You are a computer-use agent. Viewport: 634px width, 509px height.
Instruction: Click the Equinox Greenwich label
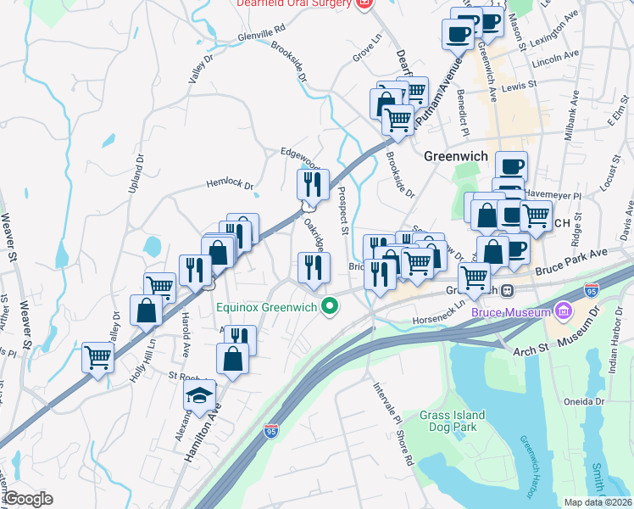(x=266, y=307)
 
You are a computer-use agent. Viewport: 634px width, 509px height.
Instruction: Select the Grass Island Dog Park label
(x=453, y=421)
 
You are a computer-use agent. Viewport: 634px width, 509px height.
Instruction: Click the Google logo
(x=27, y=499)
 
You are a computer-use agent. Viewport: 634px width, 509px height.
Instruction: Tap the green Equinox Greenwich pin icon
(x=327, y=307)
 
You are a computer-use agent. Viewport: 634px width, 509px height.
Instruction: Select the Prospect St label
(x=343, y=211)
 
